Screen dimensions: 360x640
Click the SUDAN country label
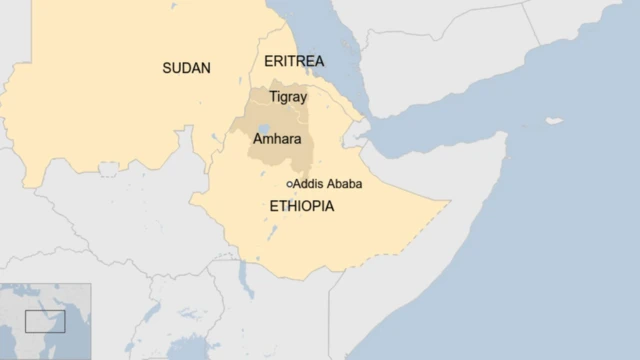(187, 68)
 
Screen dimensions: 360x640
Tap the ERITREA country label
(294, 62)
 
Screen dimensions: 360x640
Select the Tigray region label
(288, 97)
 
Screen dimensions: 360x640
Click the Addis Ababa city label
(327, 184)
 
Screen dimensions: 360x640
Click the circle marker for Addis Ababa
(289, 184)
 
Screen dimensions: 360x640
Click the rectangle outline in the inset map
(45, 321)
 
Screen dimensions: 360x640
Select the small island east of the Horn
(554, 121)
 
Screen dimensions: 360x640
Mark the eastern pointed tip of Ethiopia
(446, 203)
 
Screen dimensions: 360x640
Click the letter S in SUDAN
(167, 68)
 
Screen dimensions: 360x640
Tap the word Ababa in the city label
(343, 184)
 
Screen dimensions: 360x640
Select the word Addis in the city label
(307, 184)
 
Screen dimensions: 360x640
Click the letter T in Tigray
(273, 96)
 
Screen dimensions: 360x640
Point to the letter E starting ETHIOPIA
(274, 206)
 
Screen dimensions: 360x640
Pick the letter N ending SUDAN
(206, 68)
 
